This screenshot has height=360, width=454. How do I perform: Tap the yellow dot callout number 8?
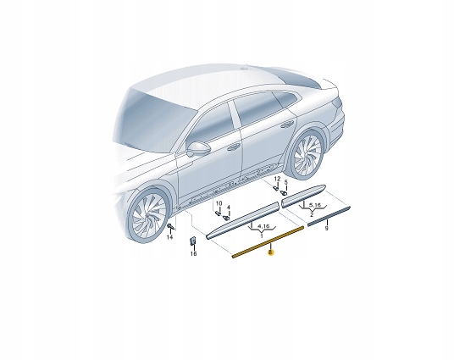point(270,252)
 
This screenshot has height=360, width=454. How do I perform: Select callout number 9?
point(326,229)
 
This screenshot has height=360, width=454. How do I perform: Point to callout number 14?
point(169,239)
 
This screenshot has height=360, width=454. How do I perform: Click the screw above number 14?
point(169,227)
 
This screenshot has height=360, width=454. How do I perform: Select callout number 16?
point(192,252)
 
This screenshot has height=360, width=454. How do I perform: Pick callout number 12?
point(276,180)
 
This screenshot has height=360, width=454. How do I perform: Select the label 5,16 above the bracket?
point(314,204)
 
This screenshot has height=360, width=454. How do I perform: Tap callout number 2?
point(312,216)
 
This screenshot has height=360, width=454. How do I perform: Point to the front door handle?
point(232,146)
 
